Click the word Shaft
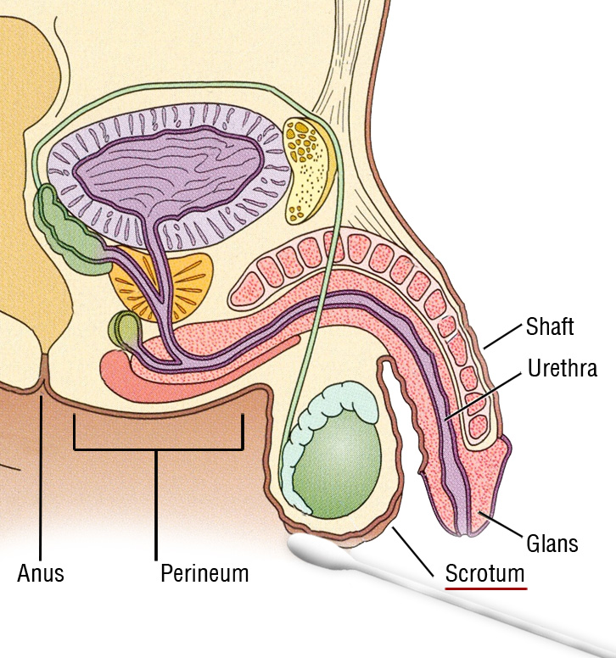(550, 326)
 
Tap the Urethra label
(562, 369)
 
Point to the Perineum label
(204, 573)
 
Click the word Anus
(41, 573)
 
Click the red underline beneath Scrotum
(485, 587)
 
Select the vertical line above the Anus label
(41, 475)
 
